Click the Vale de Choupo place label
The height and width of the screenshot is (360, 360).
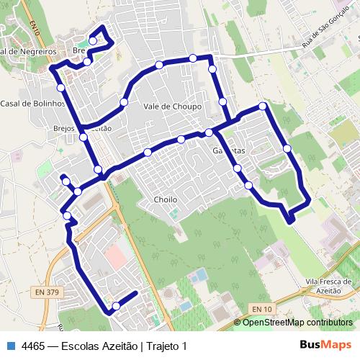[172, 106]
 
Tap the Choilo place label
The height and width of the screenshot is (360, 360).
[165, 199]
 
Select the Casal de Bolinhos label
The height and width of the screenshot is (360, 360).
[32, 104]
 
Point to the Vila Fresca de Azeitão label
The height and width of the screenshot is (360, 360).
[327, 285]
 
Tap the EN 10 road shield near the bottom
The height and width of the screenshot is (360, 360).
[263, 309]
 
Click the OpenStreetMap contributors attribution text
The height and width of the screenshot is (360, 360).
[297, 323]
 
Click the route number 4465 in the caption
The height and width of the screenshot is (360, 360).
[34, 346]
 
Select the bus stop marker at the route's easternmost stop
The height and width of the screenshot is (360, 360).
[287, 148]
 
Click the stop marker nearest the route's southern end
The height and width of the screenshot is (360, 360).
[116, 307]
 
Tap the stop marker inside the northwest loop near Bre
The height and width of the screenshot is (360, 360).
[93, 42]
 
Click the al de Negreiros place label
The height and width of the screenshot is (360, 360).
[29, 52]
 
